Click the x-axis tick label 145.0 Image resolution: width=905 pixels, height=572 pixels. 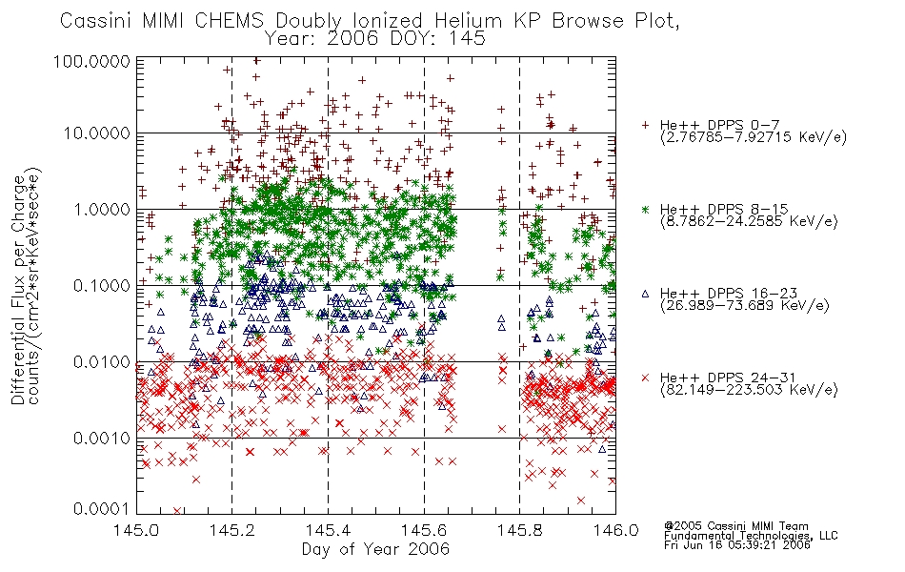[136, 530]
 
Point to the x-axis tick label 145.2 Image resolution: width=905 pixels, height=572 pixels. [232, 530]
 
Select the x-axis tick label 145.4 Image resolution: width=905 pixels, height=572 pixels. [328, 530]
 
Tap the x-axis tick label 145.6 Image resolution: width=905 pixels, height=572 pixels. [424, 530]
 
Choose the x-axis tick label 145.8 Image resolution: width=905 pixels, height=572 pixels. [519, 530]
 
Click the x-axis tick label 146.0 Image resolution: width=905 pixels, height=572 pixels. [615, 530]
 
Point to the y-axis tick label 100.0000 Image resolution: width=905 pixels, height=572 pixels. [91, 61]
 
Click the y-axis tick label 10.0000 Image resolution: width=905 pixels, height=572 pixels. [96, 133]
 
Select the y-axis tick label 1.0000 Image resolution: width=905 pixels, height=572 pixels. [102, 210]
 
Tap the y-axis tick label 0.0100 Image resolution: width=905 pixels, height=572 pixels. [102, 362]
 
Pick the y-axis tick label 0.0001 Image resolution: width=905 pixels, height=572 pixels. [102, 509]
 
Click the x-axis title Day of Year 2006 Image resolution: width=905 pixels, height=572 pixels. [375, 549]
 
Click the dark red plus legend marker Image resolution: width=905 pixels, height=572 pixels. [645, 125]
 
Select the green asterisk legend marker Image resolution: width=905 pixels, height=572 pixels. [645, 209]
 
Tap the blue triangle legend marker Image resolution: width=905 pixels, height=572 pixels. [645, 294]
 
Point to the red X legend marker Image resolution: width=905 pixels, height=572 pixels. [645, 378]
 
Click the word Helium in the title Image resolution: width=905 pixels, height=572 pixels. [471, 21]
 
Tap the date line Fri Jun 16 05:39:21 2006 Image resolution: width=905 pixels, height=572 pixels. [737, 545]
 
